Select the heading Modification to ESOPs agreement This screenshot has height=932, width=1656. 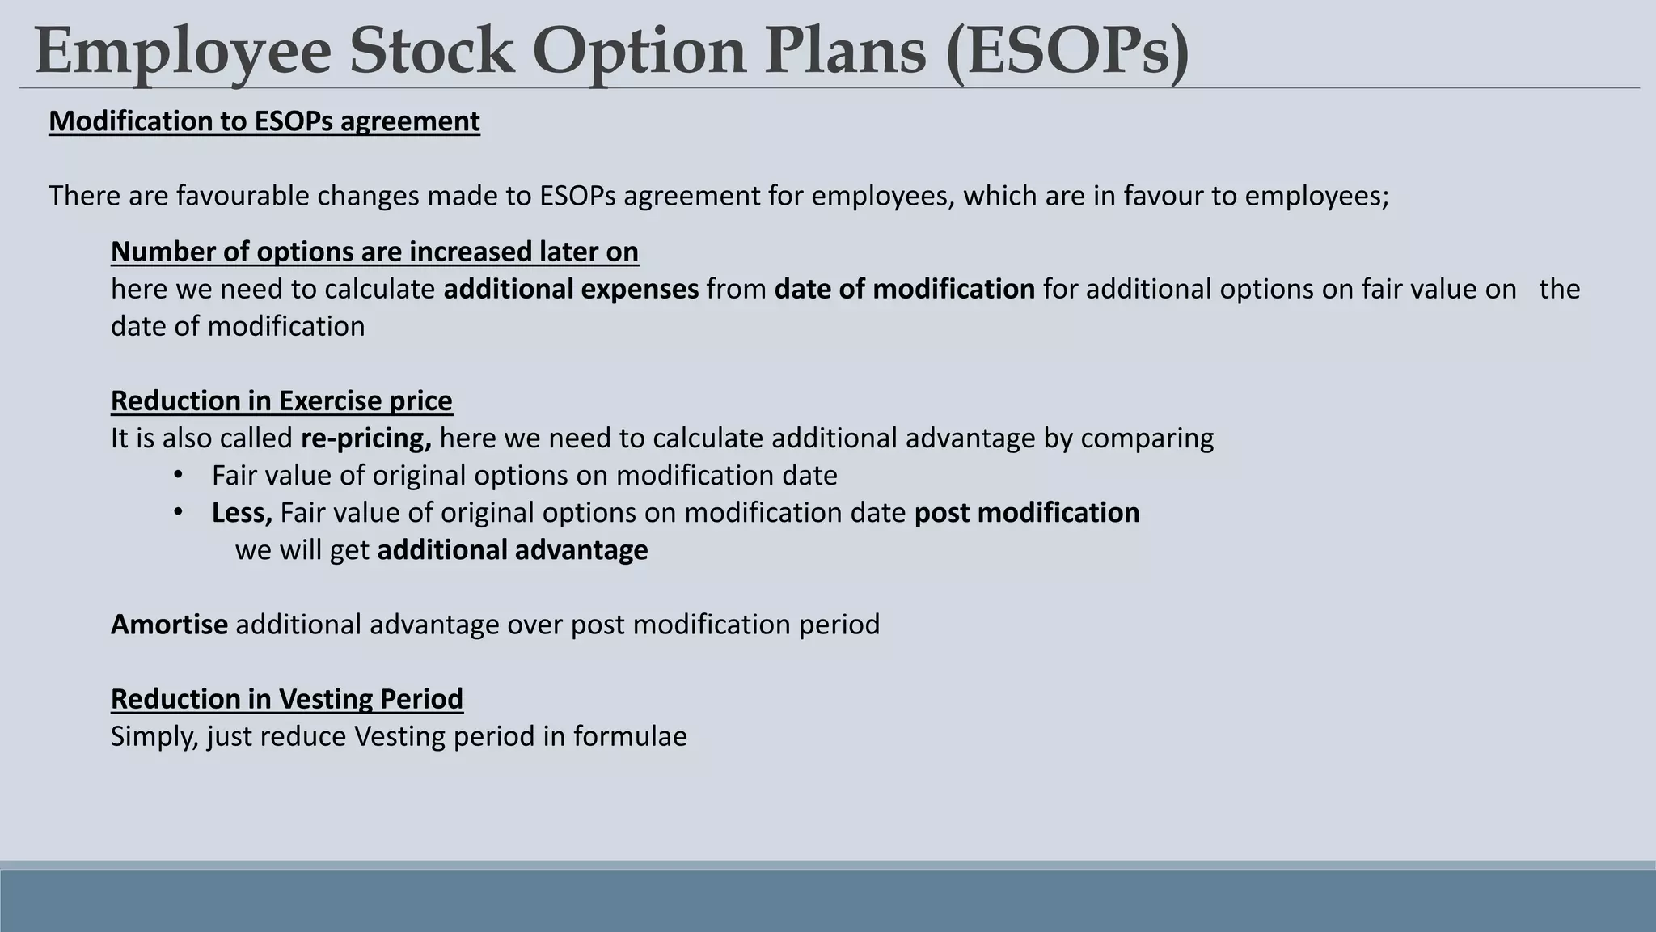(264, 121)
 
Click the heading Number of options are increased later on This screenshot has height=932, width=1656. (374, 252)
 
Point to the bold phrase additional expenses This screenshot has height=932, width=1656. (571, 289)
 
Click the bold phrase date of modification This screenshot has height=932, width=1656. (904, 289)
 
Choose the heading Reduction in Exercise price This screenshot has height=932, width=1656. (281, 400)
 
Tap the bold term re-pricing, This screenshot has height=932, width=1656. (365, 438)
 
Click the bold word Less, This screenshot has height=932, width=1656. (242, 512)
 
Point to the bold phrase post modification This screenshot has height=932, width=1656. (1027, 512)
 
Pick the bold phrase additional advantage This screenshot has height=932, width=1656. (513, 550)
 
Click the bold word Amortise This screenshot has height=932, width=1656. (169, 625)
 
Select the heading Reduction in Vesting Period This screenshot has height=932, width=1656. (287, 698)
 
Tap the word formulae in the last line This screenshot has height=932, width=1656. (630, 736)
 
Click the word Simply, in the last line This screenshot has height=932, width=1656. (154, 736)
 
